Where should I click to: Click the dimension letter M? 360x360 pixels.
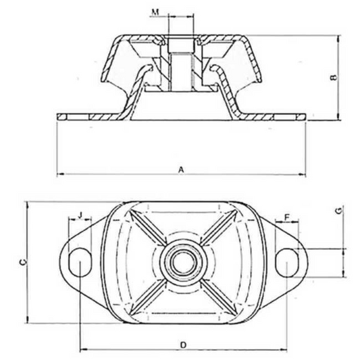coord(156,12)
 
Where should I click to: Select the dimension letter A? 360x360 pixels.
coord(180,170)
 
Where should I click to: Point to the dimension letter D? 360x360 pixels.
coord(184,344)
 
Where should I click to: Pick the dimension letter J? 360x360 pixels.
coord(80,215)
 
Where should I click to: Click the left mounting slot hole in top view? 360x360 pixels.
coord(79,259)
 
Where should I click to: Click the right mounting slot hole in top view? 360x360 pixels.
coord(288,259)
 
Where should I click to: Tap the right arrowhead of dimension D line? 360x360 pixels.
coord(286,350)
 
